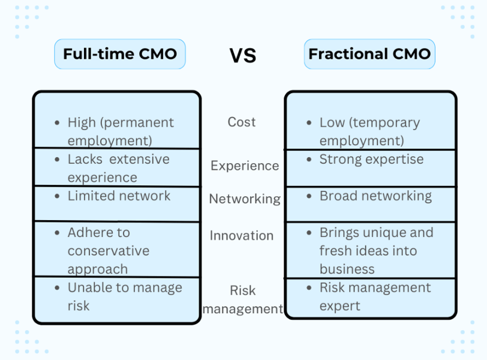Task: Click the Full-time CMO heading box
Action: (x=120, y=54)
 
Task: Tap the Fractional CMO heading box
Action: (x=369, y=54)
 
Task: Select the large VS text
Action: (x=243, y=56)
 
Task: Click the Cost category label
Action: (x=242, y=122)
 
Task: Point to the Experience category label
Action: (x=245, y=166)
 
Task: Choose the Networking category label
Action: (x=245, y=199)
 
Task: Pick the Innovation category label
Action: (x=242, y=235)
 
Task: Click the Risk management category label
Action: (x=243, y=300)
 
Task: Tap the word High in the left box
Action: (x=82, y=122)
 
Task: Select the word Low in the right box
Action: (x=332, y=122)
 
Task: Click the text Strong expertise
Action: (x=371, y=160)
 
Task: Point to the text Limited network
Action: (x=119, y=196)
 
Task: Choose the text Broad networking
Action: (x=376, y=196)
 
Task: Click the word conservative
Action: (x=109, y=251)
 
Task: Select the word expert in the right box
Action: (x=340, y=307)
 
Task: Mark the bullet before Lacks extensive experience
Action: (x=57, y=160)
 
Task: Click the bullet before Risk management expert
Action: (x=309, y=288)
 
